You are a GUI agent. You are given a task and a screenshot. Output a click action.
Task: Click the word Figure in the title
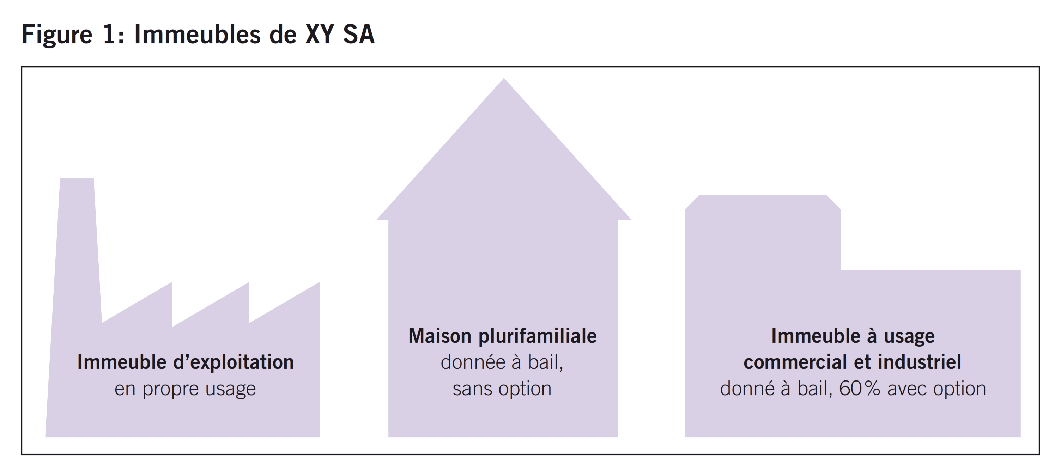click(57, 35)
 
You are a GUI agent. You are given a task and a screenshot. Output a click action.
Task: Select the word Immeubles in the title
click(197, 35)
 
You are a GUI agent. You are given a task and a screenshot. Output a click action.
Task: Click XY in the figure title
click(319, 35)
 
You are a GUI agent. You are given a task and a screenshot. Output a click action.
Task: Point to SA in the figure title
click(358, 35)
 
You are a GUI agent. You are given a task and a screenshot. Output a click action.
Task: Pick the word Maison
click(440, 336)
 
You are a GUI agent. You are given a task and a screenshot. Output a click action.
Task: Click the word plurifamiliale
click(538, 336)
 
